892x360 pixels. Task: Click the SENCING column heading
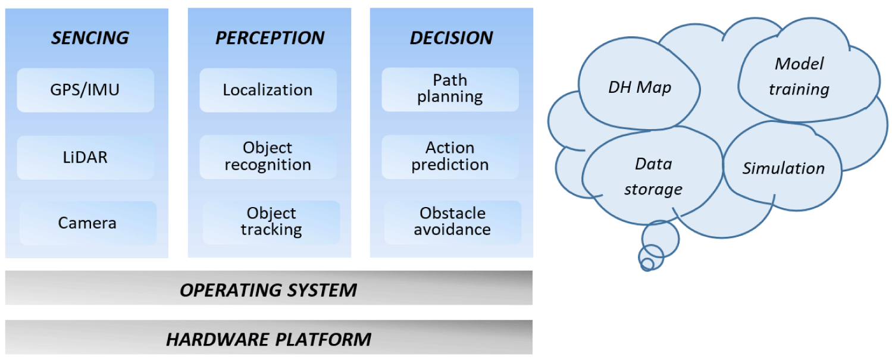click(x=90, y=38)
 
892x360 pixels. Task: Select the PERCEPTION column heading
click(x=270, y=38)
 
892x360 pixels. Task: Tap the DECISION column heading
click(x=452, y=38)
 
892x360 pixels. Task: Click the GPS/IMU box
click(x=85, y=90)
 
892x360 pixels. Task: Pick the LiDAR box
click(x=85, y=157)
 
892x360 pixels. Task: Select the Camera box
click(x=87, y=223)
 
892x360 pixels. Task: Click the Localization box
click(x=268, y=90)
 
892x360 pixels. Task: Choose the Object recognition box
click(x=268, y=157)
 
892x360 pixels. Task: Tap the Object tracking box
click(x=271, y=222)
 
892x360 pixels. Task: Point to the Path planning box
click(x=450, y=89)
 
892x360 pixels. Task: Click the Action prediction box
click(x=450, y=157)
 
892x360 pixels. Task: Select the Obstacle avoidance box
click(x=453, y=222)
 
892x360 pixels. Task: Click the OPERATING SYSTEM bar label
click(x=268, y=290)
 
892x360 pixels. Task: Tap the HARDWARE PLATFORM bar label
click(x=269, y=340)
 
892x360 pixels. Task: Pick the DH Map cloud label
click(x=640, y=87)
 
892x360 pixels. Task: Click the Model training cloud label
click(x=799, y=76)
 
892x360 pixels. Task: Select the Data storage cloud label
click(x=653, y=176)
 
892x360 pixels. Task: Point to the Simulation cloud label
click(x=783, y=168)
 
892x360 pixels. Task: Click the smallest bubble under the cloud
click(x=647, y=264)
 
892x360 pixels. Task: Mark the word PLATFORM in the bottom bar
click(x=323, y=340)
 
